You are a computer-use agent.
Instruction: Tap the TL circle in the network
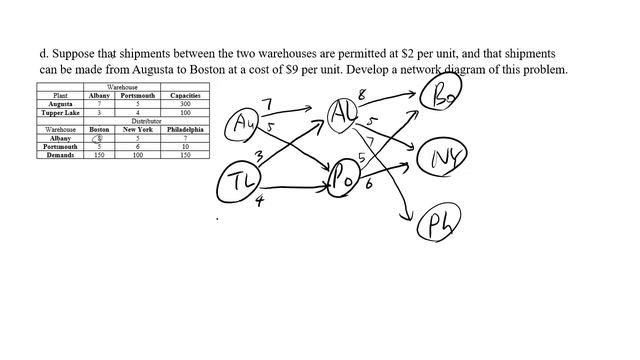pos(241,180)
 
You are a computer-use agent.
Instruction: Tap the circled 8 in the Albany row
pos(99,138)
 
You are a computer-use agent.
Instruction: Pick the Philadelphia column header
pos(184,129)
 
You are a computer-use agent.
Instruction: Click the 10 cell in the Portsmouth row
pos(184,146)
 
